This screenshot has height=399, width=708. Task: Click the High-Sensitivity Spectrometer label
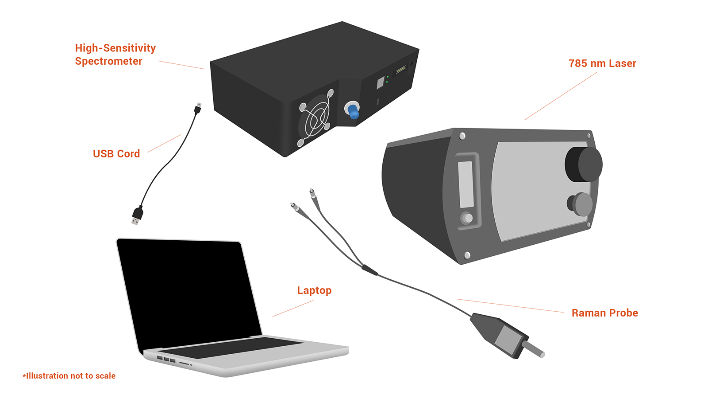[x=115, y=55]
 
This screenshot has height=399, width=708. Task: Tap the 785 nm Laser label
[x=602, y=63]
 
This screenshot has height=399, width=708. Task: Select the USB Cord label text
[x=116, y=154]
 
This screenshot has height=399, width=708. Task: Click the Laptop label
[x=314, y=290]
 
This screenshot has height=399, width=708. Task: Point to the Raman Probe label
[x=604, y=313]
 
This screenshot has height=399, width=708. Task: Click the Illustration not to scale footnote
[x=69, y=376]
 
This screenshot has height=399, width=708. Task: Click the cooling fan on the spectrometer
[x=315, y=118]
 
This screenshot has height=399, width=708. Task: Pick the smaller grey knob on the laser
[x=580, y=204]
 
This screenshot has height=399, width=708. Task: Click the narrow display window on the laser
[x=466, y=184]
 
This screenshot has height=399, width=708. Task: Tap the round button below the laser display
[x=467, y=218]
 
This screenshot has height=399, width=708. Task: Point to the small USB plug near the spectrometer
[x=198, y=108]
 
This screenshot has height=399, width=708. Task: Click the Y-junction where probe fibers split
[x=369, y=270]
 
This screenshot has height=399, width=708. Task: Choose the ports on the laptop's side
[x=167, y=360]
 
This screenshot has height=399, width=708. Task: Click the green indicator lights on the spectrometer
[x=387, y=79]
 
